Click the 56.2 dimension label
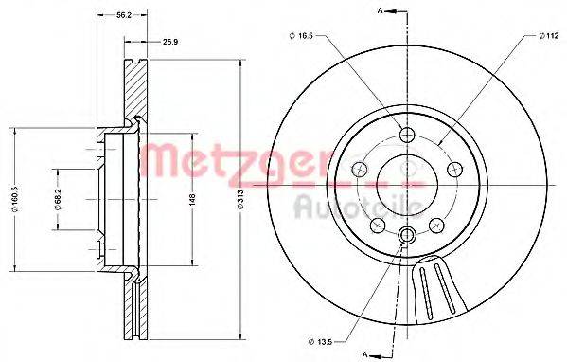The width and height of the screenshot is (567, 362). click(x=124, y=15)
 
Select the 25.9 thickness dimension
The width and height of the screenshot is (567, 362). click(x=170, y=42)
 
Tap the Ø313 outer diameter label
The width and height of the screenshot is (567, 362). click(x=240, y=199)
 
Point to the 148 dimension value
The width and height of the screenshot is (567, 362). click(x=192, y=200)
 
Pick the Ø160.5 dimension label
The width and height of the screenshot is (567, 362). click(x=14, y=199)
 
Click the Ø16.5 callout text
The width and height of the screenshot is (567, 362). click(x=301, y=35)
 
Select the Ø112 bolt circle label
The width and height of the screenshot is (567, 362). click(x=549, y=35)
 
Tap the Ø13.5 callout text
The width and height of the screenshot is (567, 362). click(x=320, y=341)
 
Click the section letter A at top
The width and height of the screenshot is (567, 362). click(x=380, y=10)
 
